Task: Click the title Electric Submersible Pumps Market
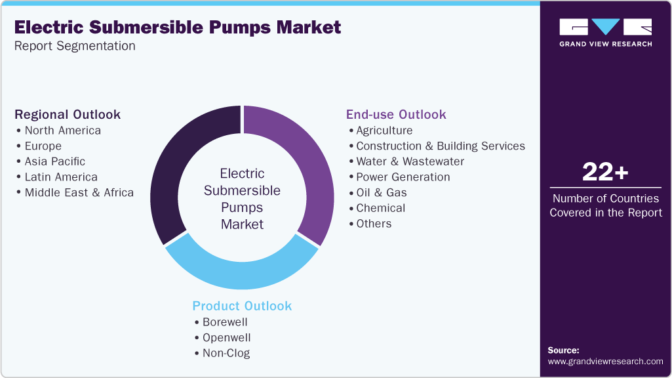(x=178, y=28)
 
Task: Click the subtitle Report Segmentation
(x=75, y=46)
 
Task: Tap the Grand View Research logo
(x=605, y=33)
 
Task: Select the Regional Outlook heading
(x=68, y=114)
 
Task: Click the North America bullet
(x=62, y=130)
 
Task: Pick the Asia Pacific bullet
(x=54, y=161)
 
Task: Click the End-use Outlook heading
(x=396, y=114)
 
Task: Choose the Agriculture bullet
(x=384, y=130)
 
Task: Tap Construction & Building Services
(x=440, y=146)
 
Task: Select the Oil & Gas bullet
(x=381, y=192)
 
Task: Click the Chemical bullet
(x=380, y=208)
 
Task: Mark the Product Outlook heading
(x=242, y=306)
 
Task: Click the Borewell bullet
(x=225, y=322)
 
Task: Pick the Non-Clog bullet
(x=226, y=353)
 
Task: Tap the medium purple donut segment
(x=308, y=164)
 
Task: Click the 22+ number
(x=605, y=173)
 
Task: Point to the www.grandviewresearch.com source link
(x=605, y=362)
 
